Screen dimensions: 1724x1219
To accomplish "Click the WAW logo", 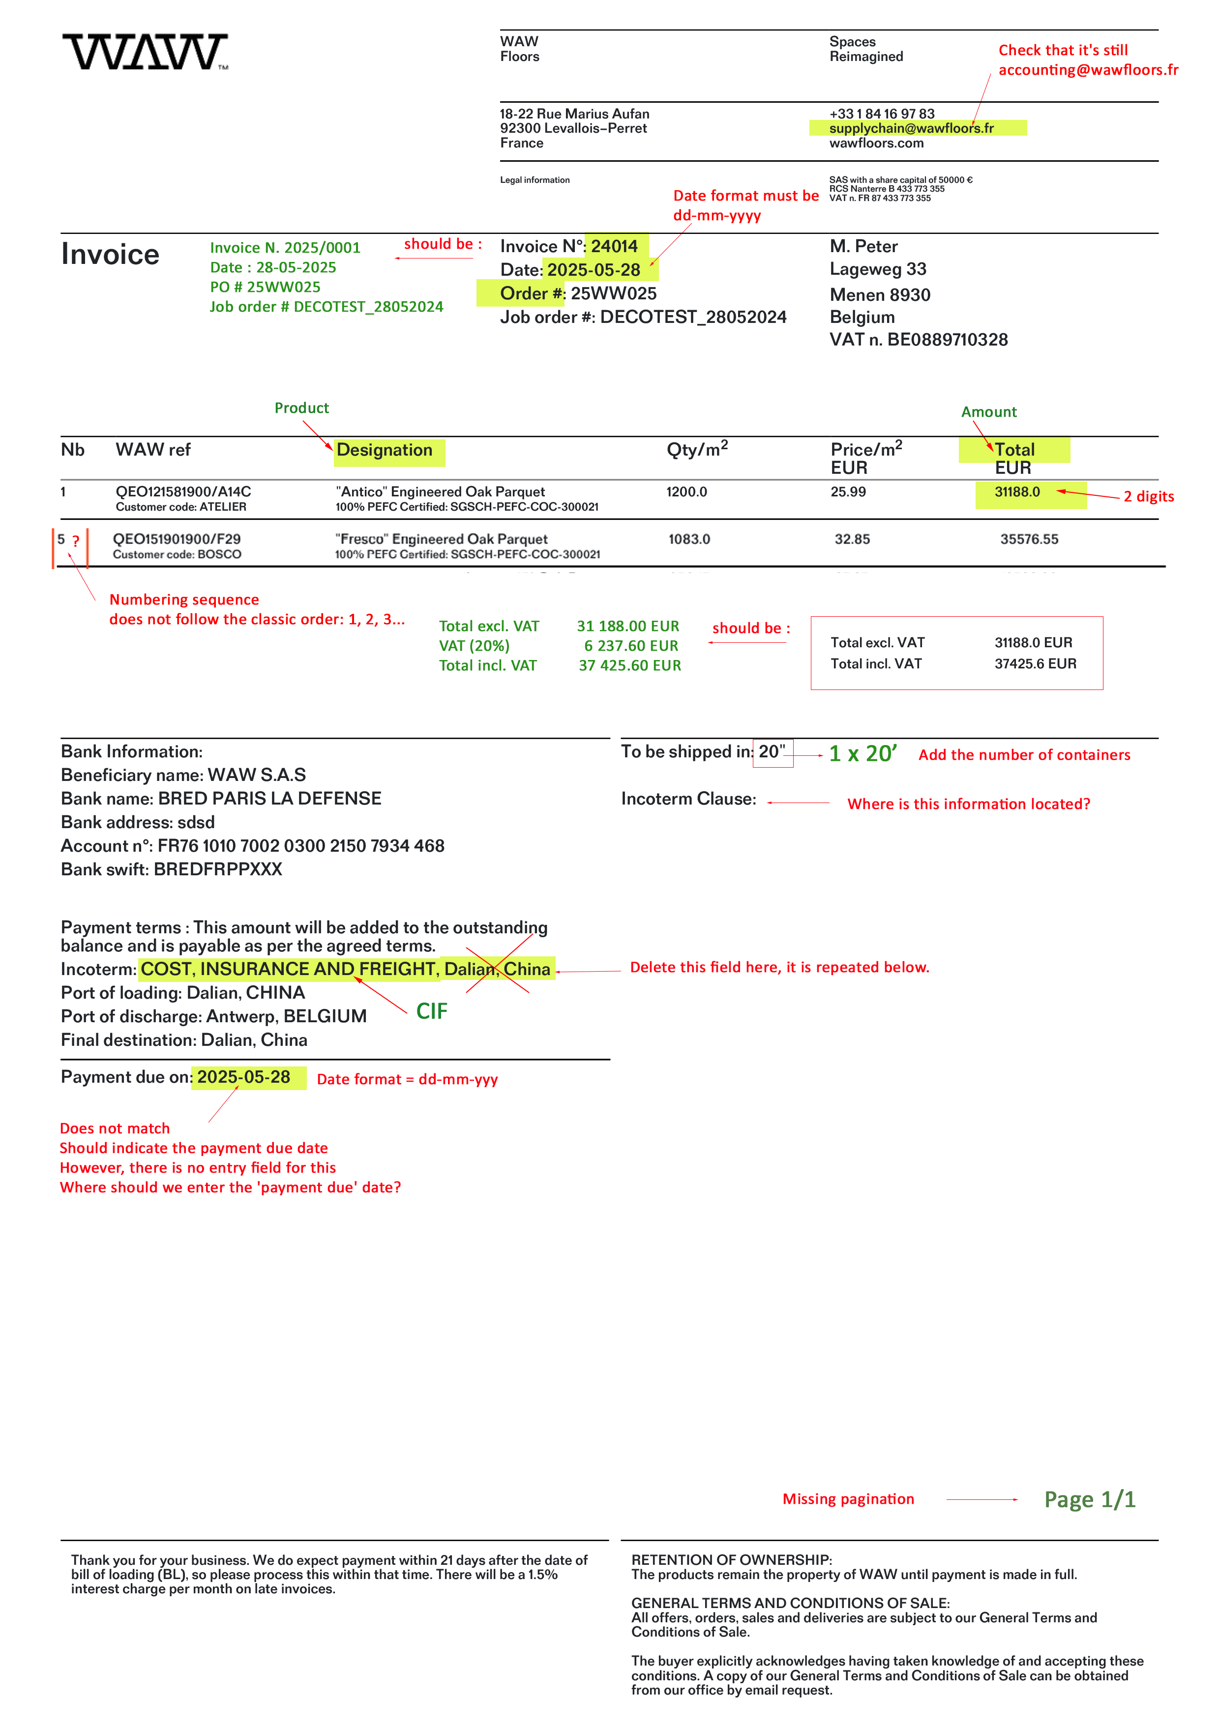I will (146, 52).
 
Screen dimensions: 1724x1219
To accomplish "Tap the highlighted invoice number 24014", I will (614, 246).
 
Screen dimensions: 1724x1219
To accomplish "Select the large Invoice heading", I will (111, 255).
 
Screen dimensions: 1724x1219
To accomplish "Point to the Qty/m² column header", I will (697, 450).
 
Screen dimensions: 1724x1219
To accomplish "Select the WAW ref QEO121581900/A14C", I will (183, 492).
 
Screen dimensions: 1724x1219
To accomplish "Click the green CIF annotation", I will (432, 1011).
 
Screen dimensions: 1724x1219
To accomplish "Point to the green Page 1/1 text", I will (1089, 1499).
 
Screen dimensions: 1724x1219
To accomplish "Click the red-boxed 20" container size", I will (772, 751).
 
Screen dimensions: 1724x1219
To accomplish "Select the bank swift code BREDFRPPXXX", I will (218, 869).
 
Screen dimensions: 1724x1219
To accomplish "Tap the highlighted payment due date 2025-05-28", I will (243, 1077).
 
